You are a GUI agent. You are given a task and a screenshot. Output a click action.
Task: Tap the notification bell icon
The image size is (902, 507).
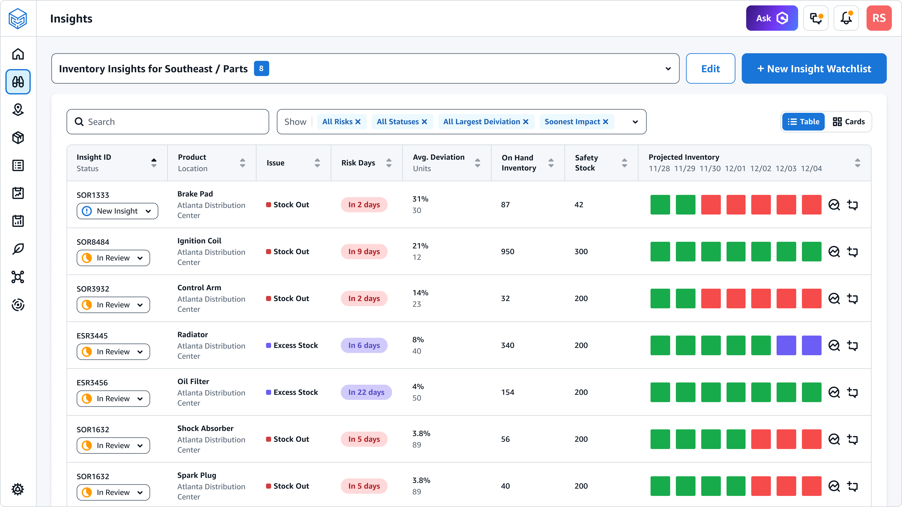pyautogui.click(x=846, y=18)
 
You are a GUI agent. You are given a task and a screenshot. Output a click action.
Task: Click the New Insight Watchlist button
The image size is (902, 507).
pyautogui.click(x=814, y=69)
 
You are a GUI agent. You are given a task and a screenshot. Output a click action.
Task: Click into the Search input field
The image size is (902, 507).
pyautogui.click(x=168, y=122)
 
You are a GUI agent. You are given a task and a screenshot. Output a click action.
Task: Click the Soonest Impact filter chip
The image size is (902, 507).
pyautogui.click(x=572, y=122)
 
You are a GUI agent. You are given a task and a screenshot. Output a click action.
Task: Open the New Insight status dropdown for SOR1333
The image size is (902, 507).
pyautogui.click(x=117, y=211)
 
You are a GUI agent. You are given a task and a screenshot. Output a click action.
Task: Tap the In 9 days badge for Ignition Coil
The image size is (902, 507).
pyautogui.click(x=364, y=252)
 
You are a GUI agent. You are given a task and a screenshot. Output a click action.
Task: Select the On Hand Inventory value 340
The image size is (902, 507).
pyautogui.click(x=507, y=346)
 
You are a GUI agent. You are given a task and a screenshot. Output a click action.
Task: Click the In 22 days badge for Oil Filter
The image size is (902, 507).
pyautogui.click(x=366, y=392)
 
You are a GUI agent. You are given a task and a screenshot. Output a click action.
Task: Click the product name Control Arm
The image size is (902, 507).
pyautogui.click(x=199, y=288)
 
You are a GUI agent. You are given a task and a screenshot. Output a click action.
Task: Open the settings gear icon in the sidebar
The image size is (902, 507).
pyautogui.click(x=18, y=489)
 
